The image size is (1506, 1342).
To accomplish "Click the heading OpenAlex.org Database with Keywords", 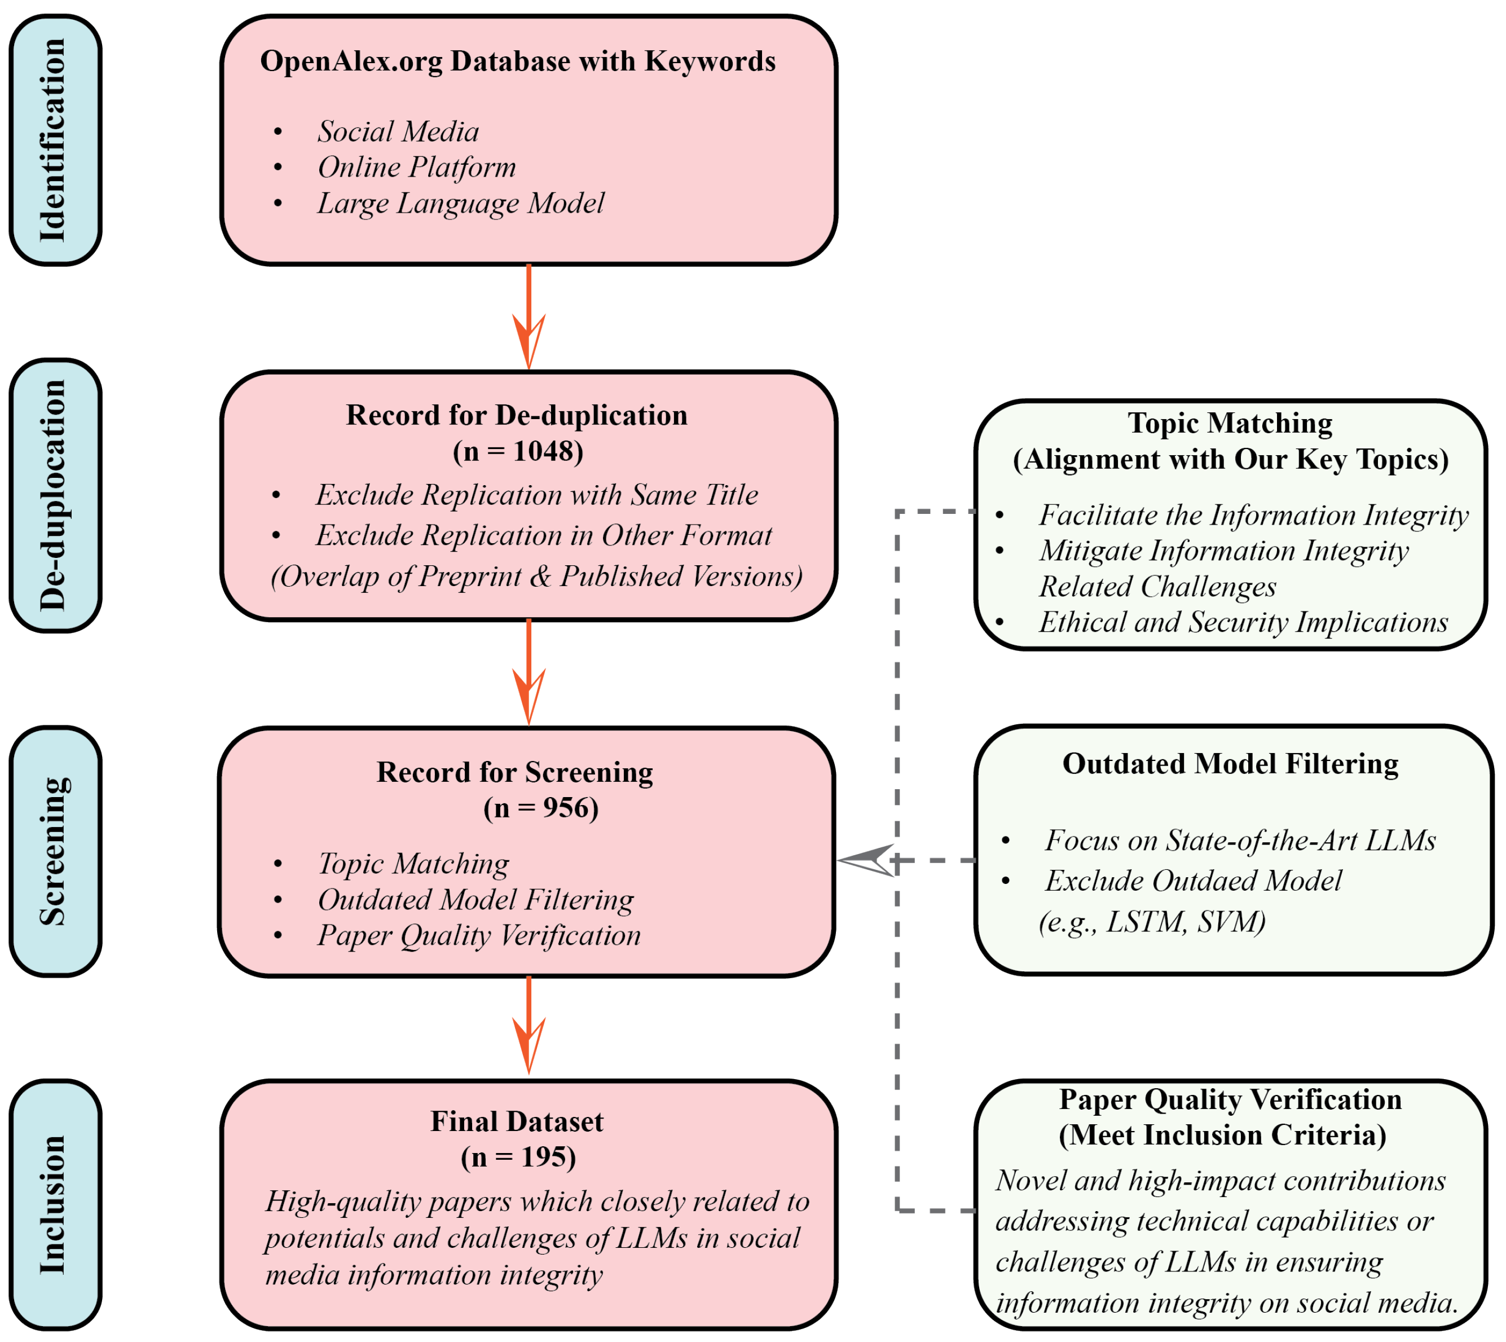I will click(x=517, y=61).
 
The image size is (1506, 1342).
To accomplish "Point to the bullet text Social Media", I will click(x=398, y=132).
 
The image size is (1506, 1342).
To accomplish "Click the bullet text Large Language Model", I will click(x=460, y=204).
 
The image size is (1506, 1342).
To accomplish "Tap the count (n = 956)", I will click(x=540, y=808).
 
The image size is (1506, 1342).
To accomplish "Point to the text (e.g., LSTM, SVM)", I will click(x=1151, y=922).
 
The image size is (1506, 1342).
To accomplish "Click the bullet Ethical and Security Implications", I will click(x=1243, y=622).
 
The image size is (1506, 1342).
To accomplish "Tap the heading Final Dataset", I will click(x=516, y=1121).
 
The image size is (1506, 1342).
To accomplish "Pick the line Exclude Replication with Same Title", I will click(x=536, y=495).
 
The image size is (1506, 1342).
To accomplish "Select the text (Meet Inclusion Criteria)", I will click(x=1222, y=1135).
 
